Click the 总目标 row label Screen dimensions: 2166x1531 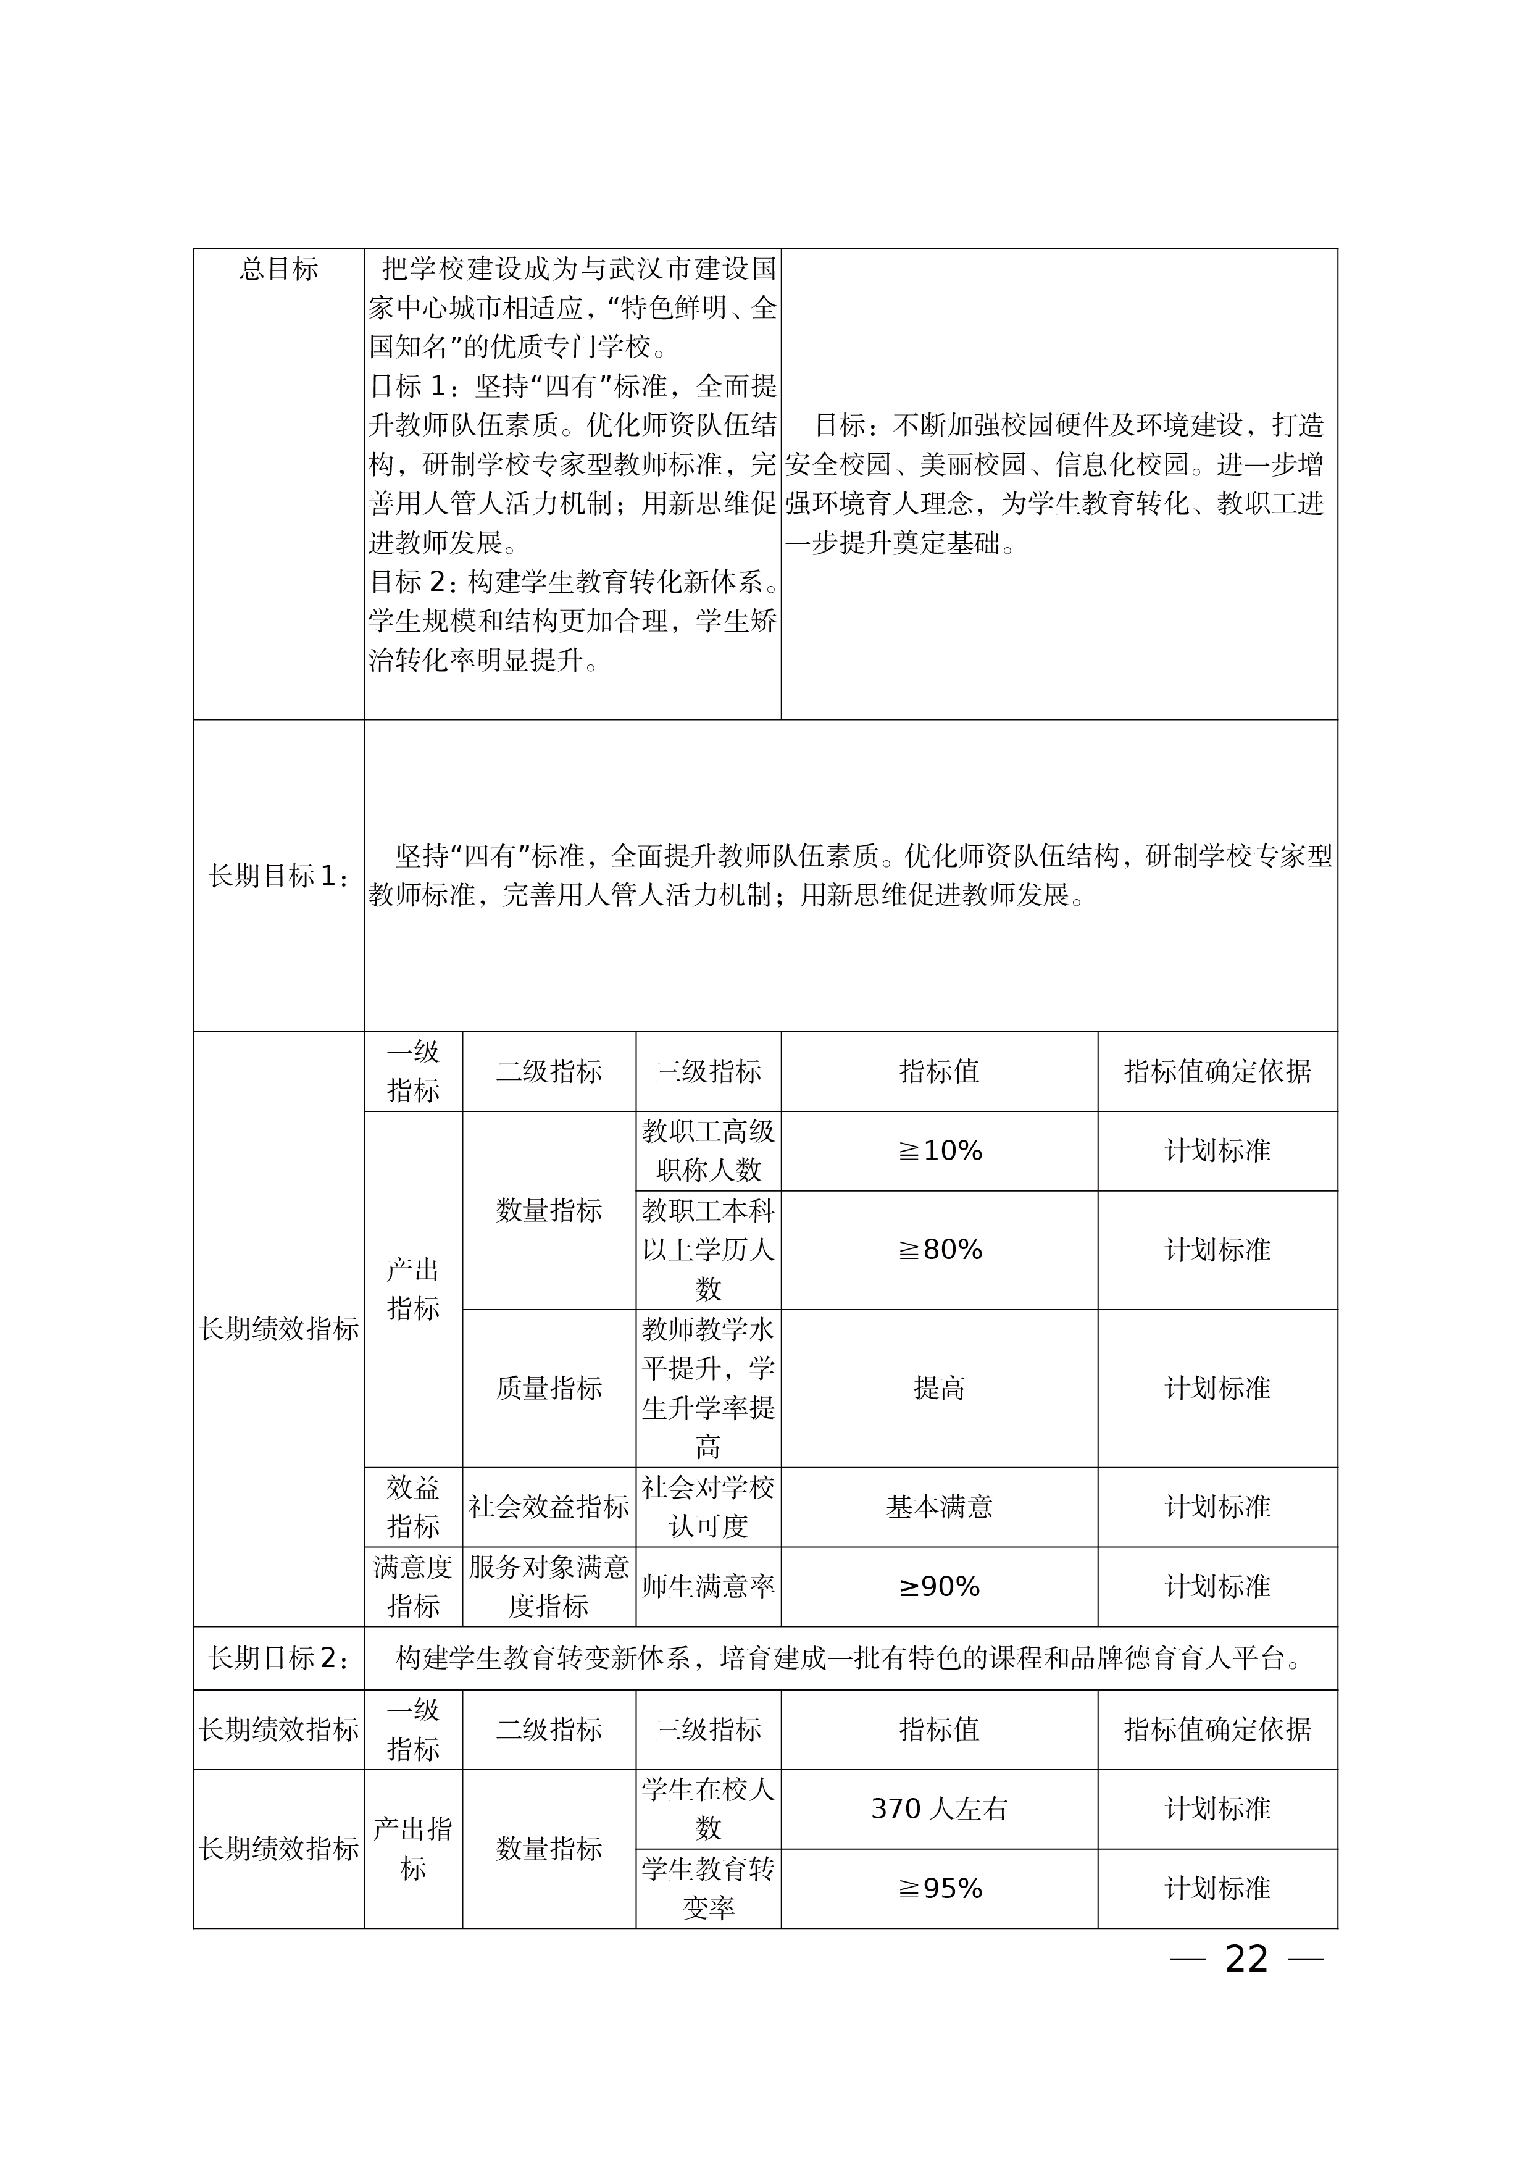pos(278,270)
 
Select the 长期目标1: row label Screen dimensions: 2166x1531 pos(278,876)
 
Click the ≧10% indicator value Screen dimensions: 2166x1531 pos(940,1151)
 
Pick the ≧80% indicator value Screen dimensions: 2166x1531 pos(940,1250)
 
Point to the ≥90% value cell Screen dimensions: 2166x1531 pos(940,1587)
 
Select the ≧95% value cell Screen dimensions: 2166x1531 pos(940,1889)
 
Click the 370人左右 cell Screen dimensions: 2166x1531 pos(940,1808)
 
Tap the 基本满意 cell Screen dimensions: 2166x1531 pos(940,1507)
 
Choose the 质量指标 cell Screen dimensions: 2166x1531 pos(549,1388)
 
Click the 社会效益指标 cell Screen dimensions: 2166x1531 pos(549,1507)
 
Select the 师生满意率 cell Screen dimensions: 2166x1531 pos(709,1587)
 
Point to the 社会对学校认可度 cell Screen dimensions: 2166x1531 pos(709,1507)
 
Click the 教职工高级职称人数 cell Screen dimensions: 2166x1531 pos(709,1151)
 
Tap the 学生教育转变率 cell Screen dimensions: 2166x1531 pos(709,1889)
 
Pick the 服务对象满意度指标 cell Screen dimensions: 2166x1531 pos(549,1587)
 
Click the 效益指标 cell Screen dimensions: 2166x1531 pos(413,1507)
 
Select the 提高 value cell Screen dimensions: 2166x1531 pos(940,1388)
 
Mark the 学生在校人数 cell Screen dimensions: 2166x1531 pos(709,1808)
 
